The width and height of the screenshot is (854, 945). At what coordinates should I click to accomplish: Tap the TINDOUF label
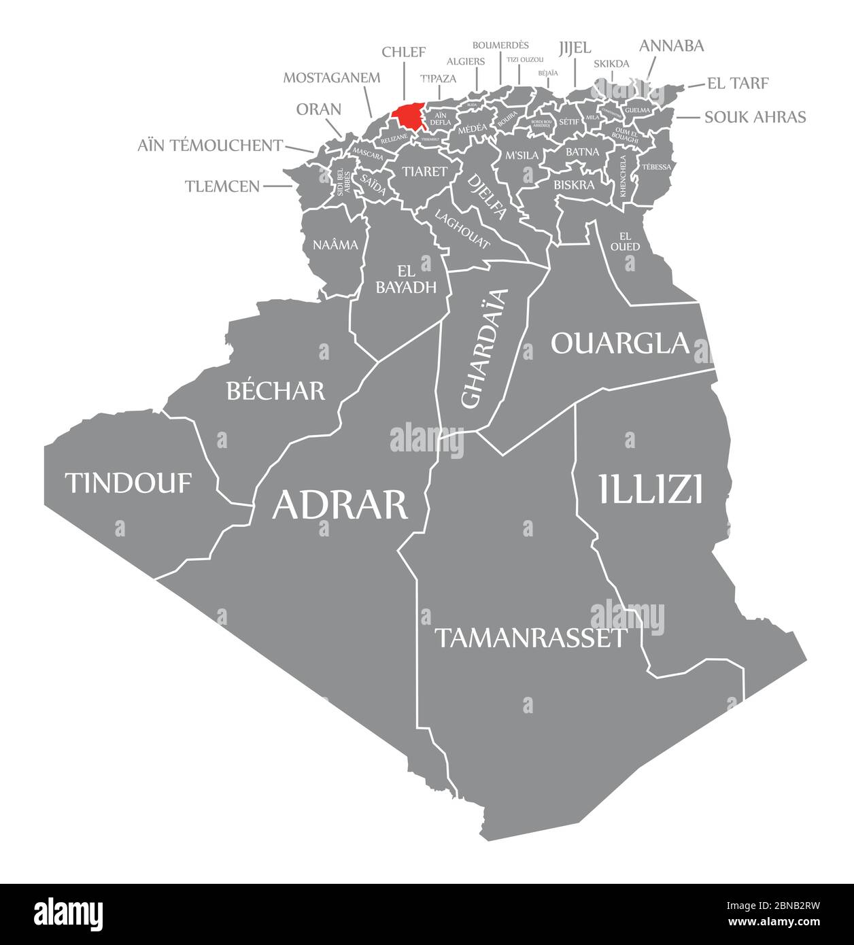click(128, 483)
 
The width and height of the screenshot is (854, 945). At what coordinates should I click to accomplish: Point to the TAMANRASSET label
click(530, 638)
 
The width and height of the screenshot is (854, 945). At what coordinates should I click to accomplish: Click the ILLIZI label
click(651, 489)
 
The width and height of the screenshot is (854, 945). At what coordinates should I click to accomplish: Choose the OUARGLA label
click(620, 343)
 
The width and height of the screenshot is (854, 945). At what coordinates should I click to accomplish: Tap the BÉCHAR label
click(275, 390)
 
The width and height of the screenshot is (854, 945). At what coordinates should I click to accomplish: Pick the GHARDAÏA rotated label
click(484, 348)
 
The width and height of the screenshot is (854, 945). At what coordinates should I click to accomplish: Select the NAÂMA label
click(335, 245)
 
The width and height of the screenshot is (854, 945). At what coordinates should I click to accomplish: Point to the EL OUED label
click(625, 241)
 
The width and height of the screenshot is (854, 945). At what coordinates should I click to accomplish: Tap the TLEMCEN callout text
click(222, 186)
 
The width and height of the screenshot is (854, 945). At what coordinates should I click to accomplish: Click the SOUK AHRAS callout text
click(755, 117)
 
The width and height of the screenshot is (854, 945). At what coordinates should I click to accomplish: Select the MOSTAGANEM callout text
click(332, 78)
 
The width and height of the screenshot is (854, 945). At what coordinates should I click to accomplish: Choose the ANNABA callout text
click(671, 46)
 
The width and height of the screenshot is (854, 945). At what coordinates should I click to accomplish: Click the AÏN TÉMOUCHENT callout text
click(210, 145)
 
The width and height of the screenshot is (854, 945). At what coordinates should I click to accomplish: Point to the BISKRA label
click(574, 184)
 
